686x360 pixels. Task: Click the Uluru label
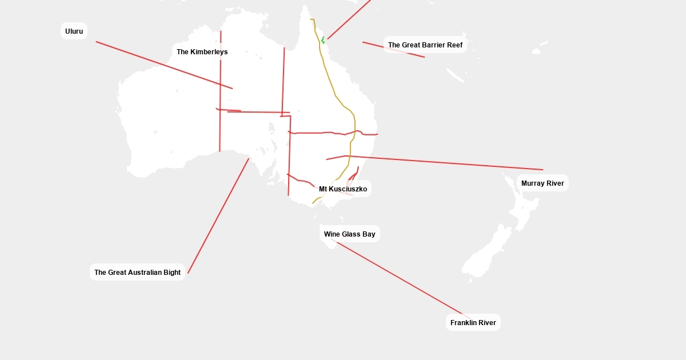(x=74, y=31)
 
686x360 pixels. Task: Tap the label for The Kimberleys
(x=202, y=52)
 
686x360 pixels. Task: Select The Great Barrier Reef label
(x=425, y=45)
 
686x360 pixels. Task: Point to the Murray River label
(x=543, y=183)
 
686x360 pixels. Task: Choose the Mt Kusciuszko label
(x=343, y=189)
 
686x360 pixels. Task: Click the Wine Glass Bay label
(x=349, y=234)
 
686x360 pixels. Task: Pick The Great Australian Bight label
(x=137, y=273)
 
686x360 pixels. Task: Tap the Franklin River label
(x=473, y=323)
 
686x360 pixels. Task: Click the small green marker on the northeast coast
(x=323, y=40)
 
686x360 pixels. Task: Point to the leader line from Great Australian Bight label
(x=217, y=217)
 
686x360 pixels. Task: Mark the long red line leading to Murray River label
(x=446, y=163)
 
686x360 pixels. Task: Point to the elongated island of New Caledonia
(x=455, y=75)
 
